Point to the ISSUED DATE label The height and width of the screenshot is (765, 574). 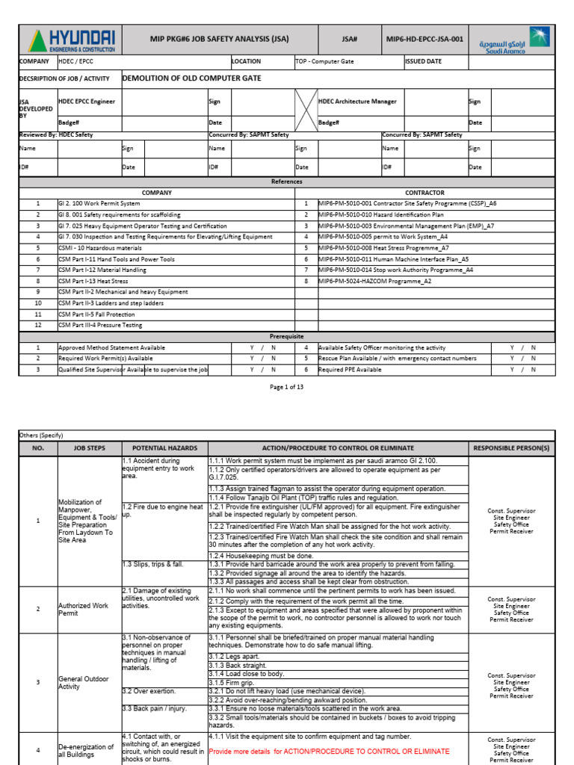423,62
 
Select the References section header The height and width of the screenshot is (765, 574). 287,182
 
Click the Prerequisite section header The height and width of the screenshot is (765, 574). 287,337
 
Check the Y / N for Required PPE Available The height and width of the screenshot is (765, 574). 522,370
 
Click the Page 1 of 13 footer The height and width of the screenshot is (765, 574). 287,387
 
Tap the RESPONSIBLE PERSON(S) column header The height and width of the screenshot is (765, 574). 511,448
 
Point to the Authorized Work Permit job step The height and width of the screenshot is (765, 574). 78,610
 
